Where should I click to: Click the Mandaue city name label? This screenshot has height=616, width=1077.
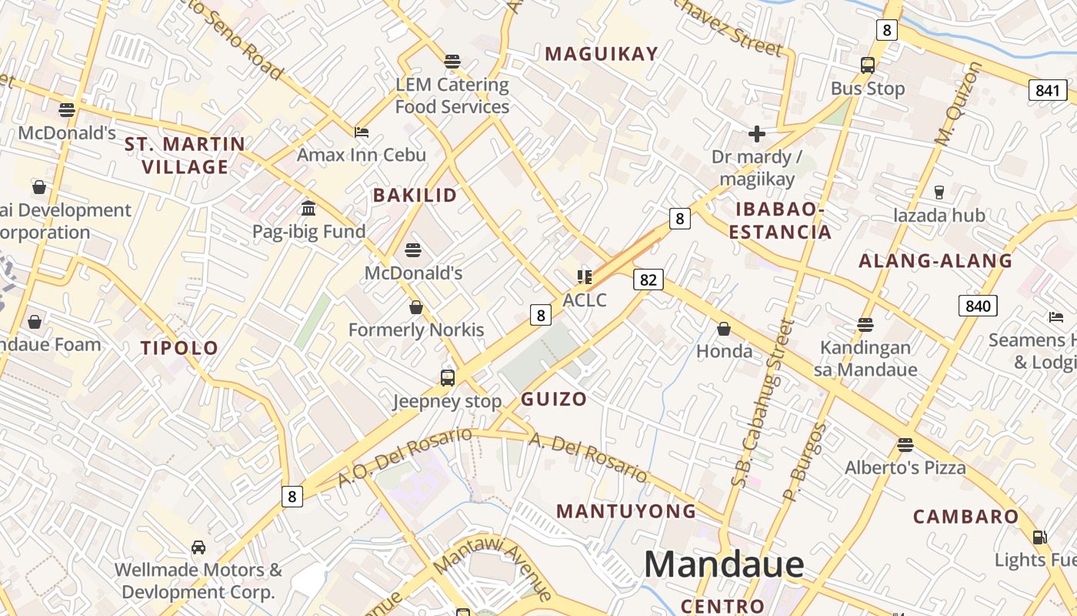click(724, 564)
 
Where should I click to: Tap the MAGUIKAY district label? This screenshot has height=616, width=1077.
click(602, 54)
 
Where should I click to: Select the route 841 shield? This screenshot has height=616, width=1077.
click(1047, 90)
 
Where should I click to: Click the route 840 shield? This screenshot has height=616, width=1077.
click(978, 306)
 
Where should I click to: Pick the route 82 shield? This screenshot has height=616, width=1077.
click(648, 280)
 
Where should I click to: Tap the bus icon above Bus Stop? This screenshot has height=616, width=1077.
click(868, 65)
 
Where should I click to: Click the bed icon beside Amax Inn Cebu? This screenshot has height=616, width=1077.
click(362, 132)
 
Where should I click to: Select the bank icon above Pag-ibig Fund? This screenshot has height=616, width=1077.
click(309, 208)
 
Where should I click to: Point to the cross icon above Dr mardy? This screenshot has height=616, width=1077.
click(757, 134)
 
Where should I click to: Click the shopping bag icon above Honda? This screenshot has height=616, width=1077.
click(724, 329)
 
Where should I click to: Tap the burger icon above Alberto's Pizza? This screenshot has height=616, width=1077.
click(905, 444)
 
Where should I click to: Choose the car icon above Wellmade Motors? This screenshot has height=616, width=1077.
click(198, 547)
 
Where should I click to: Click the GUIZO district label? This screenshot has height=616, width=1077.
click(554, 399)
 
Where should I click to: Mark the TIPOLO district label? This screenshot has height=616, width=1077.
click(179, 348)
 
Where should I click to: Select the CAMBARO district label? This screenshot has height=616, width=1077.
click(965, 517)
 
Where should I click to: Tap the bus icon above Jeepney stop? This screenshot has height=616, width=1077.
click(448, 377)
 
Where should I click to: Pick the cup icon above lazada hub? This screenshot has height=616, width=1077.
click(939, 192)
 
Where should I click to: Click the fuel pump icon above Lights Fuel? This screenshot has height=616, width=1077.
click(1039, 537)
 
